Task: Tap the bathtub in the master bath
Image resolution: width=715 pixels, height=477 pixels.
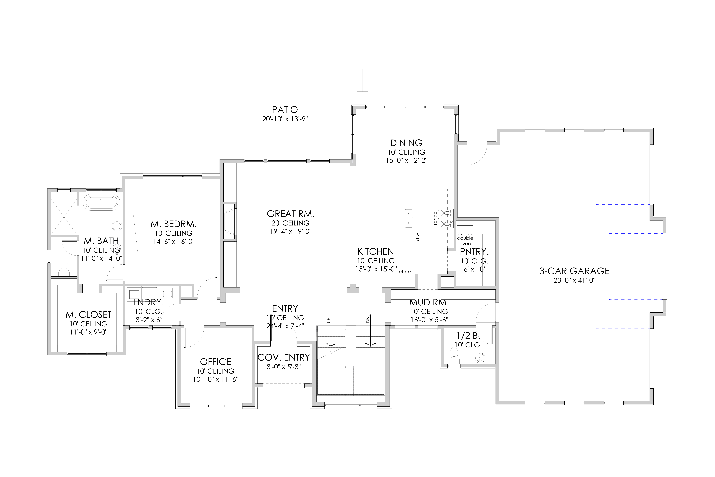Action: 101,202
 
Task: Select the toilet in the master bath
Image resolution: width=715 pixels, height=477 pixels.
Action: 64,268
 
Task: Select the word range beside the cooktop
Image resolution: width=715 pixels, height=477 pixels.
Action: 435,218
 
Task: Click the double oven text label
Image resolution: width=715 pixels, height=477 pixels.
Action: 465,241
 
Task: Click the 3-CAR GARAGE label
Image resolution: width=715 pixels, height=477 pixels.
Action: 574,271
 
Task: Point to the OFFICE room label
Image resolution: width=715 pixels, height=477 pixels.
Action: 215,362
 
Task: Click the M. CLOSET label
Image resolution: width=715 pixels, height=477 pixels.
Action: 88,315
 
